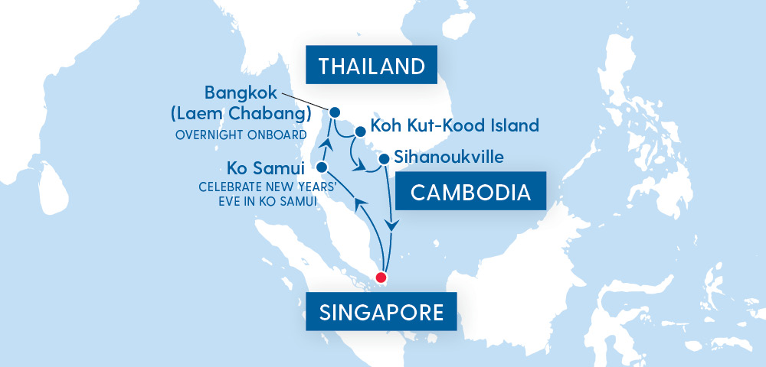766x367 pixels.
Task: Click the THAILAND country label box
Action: (x=372, y=66)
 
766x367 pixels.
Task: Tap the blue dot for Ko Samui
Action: (x=322, y=167)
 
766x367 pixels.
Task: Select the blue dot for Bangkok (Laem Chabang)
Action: (x=335, y=112)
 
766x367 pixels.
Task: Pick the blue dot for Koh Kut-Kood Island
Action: (x=360, y=131)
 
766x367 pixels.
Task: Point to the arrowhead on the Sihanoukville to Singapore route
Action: (x=391, y=226)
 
